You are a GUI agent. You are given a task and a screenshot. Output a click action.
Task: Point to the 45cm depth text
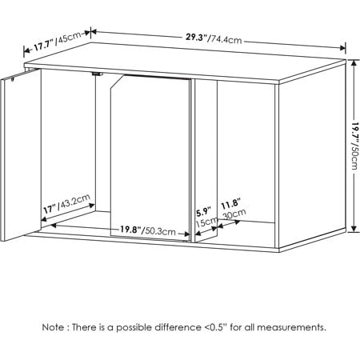point(70,36)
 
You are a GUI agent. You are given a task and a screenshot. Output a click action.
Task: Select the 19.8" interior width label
point(132,230)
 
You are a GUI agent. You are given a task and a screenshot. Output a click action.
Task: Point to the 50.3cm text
point(163,230)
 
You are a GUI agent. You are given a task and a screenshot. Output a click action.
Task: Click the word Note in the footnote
point(55,327)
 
